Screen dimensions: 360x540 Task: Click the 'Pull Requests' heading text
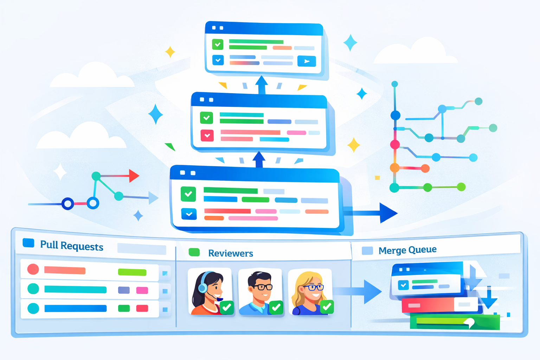coord(71,245)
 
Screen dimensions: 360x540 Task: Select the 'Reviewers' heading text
coord(230,253)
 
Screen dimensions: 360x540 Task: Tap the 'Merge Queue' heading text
coord(407,250)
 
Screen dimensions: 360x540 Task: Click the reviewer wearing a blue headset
coord(210,292)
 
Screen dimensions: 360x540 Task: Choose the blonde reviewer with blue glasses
coord(309,292)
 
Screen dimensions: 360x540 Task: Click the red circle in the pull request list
coord(33,269)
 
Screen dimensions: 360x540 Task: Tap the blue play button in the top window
coord(306,61)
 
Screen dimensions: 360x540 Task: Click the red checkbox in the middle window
coord(207,135)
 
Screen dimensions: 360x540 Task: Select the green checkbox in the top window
coord(218,44)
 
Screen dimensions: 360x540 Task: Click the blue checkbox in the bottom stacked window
coord(189,214)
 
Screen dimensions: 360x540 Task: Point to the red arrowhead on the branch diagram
coord(134,176)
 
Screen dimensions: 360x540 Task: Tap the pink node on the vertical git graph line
coord(395,144)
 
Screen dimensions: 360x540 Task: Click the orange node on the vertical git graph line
coord(394,168)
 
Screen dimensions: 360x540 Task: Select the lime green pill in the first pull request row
coord(132,272)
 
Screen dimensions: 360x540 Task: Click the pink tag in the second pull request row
coord(142,290)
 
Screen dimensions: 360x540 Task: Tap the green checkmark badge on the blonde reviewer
coord(327,307)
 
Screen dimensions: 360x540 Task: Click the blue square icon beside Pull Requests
coord(28,243)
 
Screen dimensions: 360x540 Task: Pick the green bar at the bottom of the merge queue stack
coord(454,322)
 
